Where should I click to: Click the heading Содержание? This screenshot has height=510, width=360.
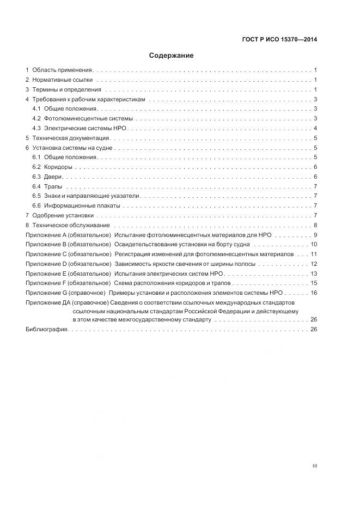click(172, 56)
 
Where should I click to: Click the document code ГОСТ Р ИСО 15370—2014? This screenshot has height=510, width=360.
click(279, 39)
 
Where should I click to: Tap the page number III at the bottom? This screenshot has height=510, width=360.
click(315, 466)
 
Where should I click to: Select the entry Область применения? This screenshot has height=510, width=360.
click(63, 70)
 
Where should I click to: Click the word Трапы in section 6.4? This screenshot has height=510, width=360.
click(53, 186)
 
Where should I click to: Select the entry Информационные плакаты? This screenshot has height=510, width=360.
click(82, 206)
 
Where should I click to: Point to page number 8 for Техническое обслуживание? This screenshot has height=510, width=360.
click(315, 225)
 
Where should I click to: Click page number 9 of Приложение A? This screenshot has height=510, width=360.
click(315, 235)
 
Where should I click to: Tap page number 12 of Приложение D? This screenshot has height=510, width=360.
click(314, 264)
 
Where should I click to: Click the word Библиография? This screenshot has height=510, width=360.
click(46, 329)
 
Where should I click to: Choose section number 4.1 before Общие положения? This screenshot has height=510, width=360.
click(36, 109)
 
